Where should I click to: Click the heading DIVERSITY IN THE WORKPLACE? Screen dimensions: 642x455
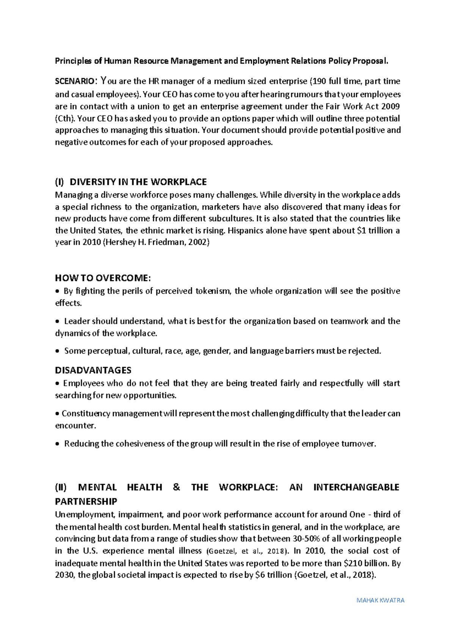pos(138,182)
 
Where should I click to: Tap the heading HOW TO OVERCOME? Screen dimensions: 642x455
pos(103,278)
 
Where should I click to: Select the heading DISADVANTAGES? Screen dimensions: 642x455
pos(93,370)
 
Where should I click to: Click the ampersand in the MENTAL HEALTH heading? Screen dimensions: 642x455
pos(176,487)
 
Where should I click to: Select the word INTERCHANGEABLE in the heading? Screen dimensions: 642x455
pos(356,487)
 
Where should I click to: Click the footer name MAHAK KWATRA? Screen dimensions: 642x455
pos(381,600)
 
